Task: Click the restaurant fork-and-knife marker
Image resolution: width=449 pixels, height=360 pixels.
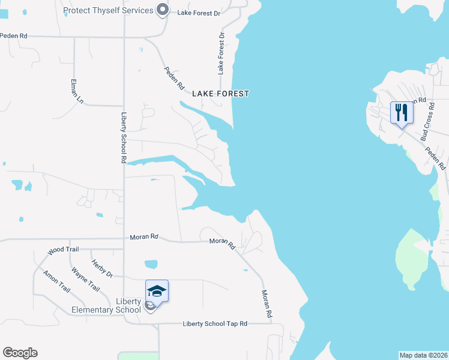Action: pyautogui.click(x=402, y=112)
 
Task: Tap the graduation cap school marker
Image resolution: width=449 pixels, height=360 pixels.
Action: pyautogui.click(x=157, y=291)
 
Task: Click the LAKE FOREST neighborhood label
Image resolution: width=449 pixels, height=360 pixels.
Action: pyautogui.click(x=220, y=94)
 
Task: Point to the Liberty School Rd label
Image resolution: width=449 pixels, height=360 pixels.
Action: pyautogui.click(x=124, y=138)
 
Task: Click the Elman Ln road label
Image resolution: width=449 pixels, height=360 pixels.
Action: pyautogui.click(x=77, y=91)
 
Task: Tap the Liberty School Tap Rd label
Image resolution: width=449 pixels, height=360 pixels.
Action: pyautogui.click(x=215, y=324)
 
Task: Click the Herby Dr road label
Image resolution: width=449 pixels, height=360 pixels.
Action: pyautogui.click(x=102, y=268)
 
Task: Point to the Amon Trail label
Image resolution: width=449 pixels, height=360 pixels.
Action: pyautogui.click(x=56, y=281)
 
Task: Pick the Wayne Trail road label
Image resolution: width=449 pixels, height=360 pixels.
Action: pyautogui.click(x=85, y=279)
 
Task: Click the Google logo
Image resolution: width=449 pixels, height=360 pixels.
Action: pyautogui.click(x=20, y=353)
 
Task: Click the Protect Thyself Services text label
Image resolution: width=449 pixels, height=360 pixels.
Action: pyautogui.click(x=108, y=10)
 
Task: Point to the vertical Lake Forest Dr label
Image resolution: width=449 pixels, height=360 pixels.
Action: pyautogui.click(x=221, y=53)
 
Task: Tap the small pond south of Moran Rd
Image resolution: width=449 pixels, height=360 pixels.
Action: pyautogui.click(x=151, y=264)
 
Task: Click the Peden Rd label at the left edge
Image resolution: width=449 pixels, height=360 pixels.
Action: pyautogui.click(x=14, y=36)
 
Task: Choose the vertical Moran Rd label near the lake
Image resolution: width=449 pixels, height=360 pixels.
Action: pyautogui.click(x=268, y=304)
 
